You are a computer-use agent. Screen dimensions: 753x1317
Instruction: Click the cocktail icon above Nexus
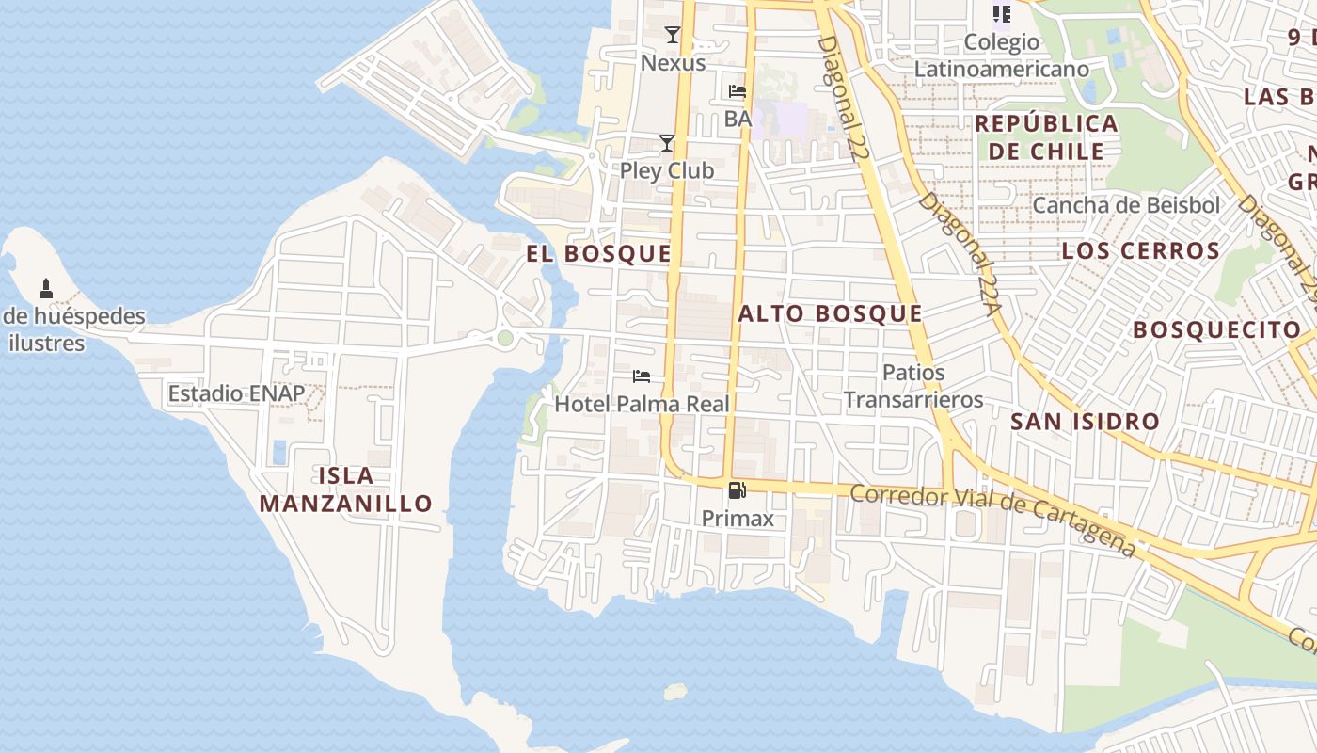[672, 36]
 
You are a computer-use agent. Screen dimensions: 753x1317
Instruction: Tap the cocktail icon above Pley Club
[667, 143]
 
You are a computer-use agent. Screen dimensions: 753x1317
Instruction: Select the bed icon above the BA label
[738, 91]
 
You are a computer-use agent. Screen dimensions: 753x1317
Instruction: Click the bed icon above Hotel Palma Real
[642, 376]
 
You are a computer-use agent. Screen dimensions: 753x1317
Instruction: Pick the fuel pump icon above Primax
[738, 490]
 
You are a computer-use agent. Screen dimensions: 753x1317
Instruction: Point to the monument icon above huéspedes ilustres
[45, 288]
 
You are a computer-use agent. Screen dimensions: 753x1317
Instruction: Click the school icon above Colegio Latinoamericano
[1001, 14]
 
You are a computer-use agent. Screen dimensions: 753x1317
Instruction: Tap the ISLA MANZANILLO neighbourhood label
[345, 489]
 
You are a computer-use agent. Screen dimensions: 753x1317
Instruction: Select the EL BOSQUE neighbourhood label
[598, 254]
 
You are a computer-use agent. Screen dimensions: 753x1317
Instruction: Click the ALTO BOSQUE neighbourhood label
[830, 314]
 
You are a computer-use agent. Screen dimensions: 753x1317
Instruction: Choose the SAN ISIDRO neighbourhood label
[1085, 422]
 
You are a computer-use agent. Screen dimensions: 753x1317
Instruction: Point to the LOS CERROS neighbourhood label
[1140, 251]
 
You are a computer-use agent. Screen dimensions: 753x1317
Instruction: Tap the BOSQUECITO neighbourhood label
[1216, 330]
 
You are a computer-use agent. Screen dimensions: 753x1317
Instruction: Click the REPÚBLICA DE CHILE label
[1046, 137]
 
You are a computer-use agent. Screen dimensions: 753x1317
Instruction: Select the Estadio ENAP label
[236, 393]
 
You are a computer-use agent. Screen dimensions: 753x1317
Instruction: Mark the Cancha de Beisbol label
[1125, 205]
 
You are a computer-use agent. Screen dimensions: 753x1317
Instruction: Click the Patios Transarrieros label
[912, 386]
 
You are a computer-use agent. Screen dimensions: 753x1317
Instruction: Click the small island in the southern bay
[675, 692]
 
